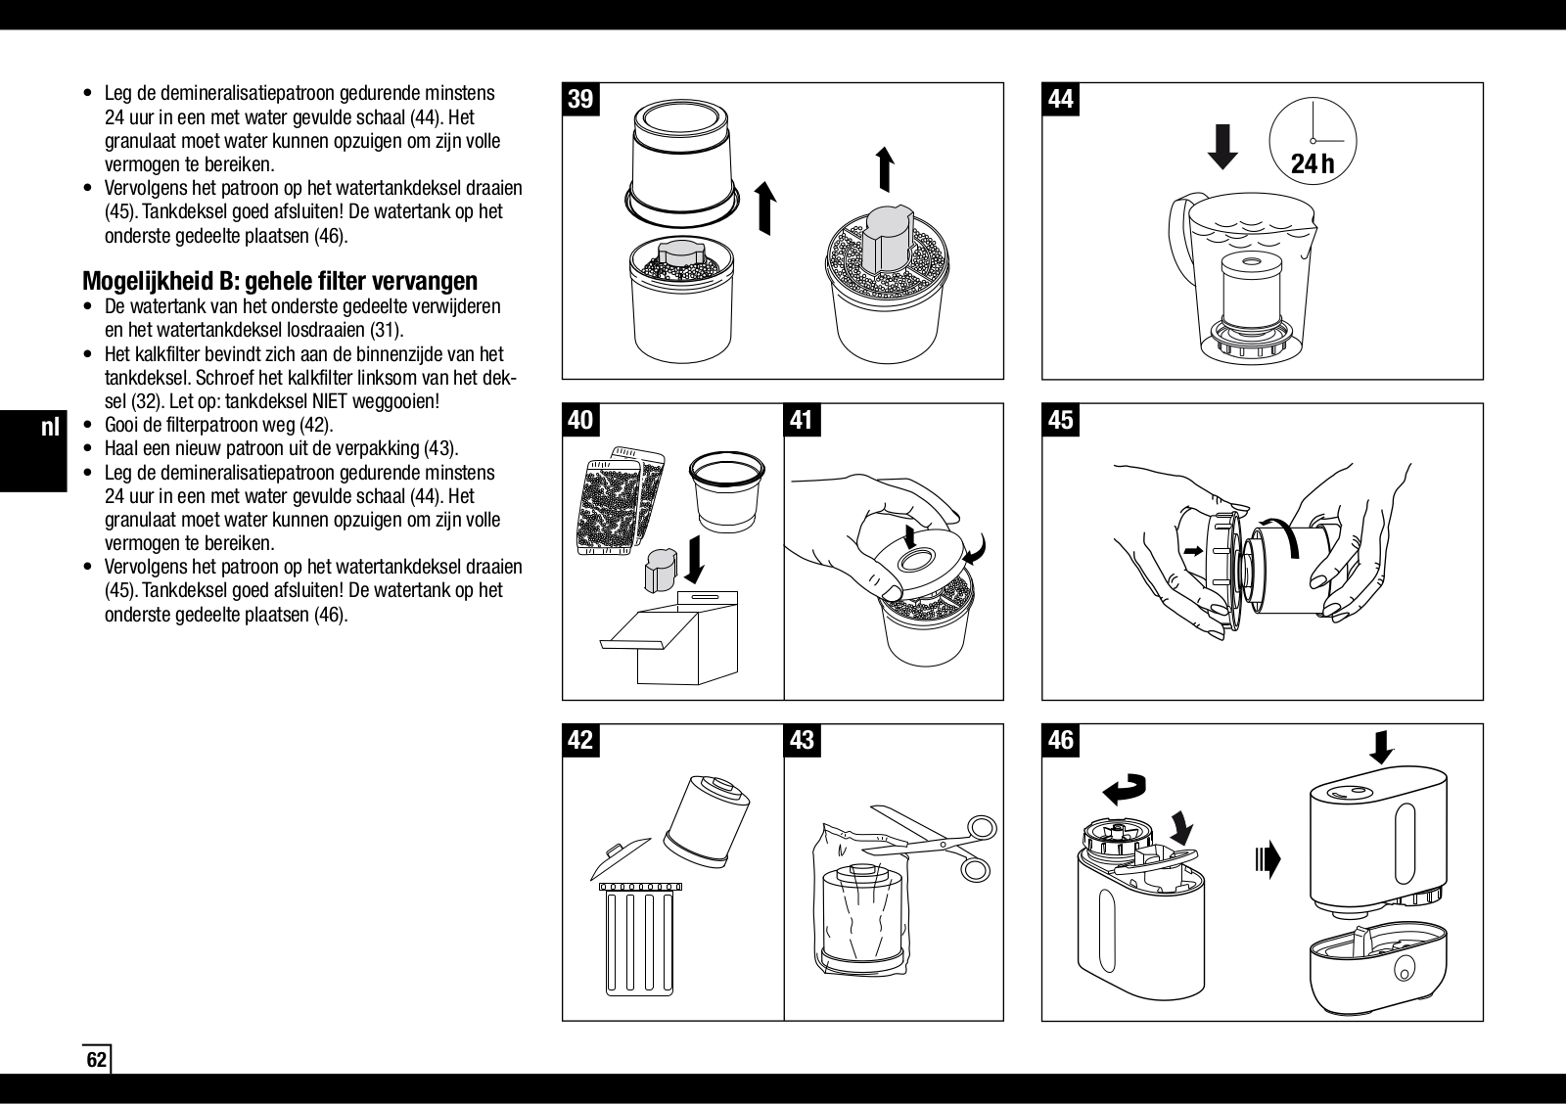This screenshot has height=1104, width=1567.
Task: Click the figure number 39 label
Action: [x=580, y=100]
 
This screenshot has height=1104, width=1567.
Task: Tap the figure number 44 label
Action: [x=1061, y=100]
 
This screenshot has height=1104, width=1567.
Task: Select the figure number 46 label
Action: [x=1061, y=740]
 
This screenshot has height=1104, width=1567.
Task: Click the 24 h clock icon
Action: [x=1314, y=141]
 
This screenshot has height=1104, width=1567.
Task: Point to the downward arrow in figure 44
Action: [x=1222, y=147]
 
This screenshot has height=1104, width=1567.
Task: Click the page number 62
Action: [x=97, y=1059]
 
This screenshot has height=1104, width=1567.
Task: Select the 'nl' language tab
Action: [x=50, y=427]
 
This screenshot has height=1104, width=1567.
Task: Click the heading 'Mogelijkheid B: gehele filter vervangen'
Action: [x=280, y=281]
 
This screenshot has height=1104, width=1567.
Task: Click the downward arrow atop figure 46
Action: [x=1380, y=747]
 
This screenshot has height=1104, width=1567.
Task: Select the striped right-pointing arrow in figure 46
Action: [x=1267, y=859]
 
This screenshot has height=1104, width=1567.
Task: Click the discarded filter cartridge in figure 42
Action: [x=706, y=819]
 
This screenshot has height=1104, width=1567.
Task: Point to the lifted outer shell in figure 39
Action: [x=682, y=163]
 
